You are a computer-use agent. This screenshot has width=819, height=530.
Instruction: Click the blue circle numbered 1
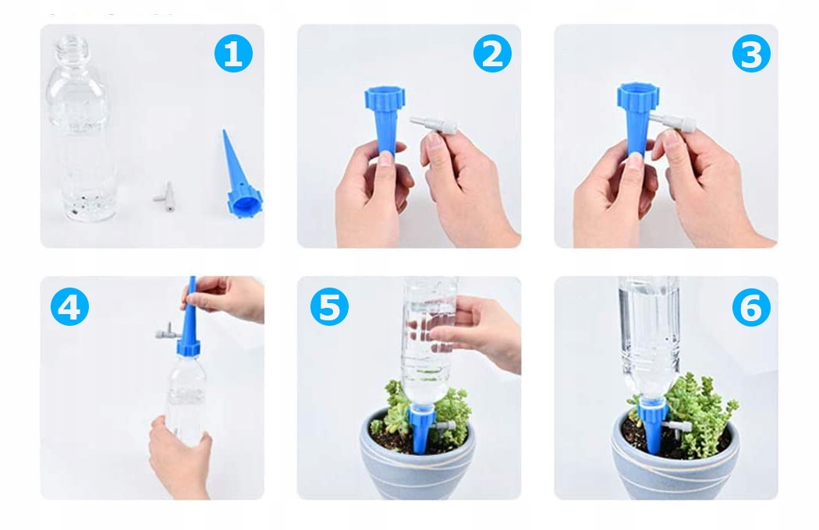233,53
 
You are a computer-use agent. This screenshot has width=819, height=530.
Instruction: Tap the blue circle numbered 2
492,53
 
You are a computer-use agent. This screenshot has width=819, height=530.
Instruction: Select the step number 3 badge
751,53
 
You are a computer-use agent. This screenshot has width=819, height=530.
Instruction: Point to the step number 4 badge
69,306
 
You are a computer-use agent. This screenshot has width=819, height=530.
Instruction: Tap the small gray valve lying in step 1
165,197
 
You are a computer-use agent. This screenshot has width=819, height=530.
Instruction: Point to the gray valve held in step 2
434,125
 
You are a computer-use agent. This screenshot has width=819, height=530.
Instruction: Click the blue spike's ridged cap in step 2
385,99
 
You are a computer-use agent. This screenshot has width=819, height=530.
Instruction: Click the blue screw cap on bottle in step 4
188,347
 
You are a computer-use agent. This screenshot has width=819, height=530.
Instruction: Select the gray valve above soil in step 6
678,428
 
